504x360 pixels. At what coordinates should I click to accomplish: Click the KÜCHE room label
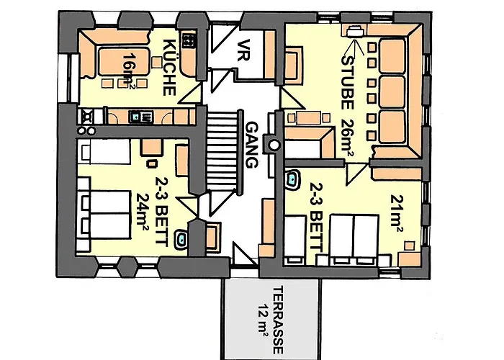170,66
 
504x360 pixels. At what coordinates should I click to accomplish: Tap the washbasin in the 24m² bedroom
184,238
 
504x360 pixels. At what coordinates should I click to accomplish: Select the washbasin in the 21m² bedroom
293,177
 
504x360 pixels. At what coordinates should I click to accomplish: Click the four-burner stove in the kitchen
191,42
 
